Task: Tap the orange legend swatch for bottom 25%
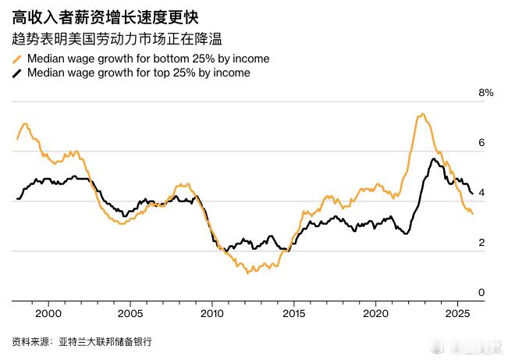(x=16, y=59)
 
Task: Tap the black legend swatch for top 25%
(x=16, y=73)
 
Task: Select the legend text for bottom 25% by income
(x=148, y=59)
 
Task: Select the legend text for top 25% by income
(x=139, y=73)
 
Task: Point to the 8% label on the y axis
(x=486, y=93)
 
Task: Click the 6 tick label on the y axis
(x=481, y=143)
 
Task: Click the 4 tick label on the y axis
(x=481, y=193)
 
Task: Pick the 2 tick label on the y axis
(x=481, y=243)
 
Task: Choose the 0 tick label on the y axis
(x=481, y=293)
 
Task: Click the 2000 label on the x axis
(x=48, y=312)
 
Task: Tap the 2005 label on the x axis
(x=130, y=312)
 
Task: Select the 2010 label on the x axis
(x=211, y=312)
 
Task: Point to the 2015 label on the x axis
(x=293, y=312)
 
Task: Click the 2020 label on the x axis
(x=375, y=312)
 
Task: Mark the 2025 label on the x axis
(x=456, y=312)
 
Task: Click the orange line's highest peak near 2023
(x=421, y=115)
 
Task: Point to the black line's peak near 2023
(x=432, y=159)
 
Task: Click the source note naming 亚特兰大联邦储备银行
(x=82, y=342)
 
